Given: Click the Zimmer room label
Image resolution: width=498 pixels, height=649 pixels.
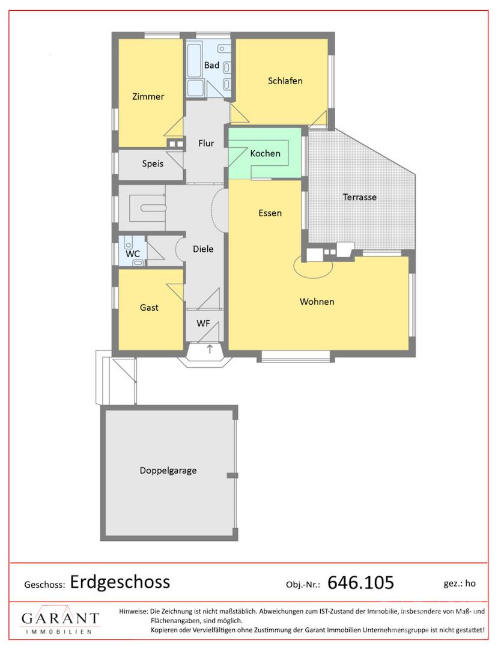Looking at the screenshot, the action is (x=148, y=96).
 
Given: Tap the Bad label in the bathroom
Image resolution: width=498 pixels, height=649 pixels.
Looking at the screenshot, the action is (x=211, y=65).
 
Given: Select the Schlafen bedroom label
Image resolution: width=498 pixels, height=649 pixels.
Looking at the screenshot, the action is (x=285, y=81).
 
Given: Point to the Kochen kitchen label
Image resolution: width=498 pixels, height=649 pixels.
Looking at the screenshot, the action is (x=265, y=153).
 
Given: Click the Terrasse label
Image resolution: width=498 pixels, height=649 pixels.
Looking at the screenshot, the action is (x=359, y=197).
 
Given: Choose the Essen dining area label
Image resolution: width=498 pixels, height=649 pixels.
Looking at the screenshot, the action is (x=270, y=213).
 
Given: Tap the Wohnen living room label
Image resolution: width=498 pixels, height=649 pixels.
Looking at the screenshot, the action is (x=317, y=301).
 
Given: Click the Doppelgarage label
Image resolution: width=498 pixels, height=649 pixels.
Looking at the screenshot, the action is (x=168, y=471).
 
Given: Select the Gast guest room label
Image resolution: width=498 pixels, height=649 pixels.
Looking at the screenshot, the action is (x=149, y=308).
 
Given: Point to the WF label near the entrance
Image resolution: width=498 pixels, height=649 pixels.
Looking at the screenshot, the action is (x=203, y=323).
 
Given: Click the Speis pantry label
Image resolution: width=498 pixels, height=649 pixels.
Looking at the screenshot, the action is (x=153, y=163).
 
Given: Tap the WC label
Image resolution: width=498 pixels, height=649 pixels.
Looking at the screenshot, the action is (x=133, y=254).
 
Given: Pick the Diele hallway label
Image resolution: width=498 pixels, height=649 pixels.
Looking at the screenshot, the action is (x=203, y=249).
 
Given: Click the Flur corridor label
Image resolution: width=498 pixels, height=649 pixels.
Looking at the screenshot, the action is (x=206, y=143).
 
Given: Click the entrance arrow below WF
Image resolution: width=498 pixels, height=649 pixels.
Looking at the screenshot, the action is (x=210, y=349).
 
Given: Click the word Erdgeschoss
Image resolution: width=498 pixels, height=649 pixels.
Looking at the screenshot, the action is (x=120, y=582).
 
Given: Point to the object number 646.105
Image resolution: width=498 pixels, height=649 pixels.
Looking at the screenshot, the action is (x=360, y=582).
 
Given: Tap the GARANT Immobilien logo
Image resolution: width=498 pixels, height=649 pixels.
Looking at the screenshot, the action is (x=61, y=620).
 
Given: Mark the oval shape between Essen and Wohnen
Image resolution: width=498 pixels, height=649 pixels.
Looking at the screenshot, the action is (x=313, y=266).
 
